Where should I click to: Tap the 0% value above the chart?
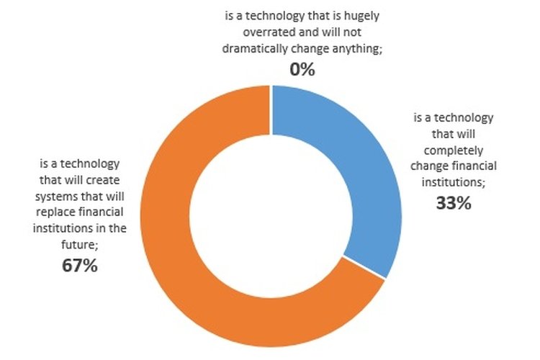click(303, 70)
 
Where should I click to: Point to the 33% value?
click(454, 203)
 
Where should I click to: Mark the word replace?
click(58, 214)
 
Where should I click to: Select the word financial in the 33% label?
click(472, 168)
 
